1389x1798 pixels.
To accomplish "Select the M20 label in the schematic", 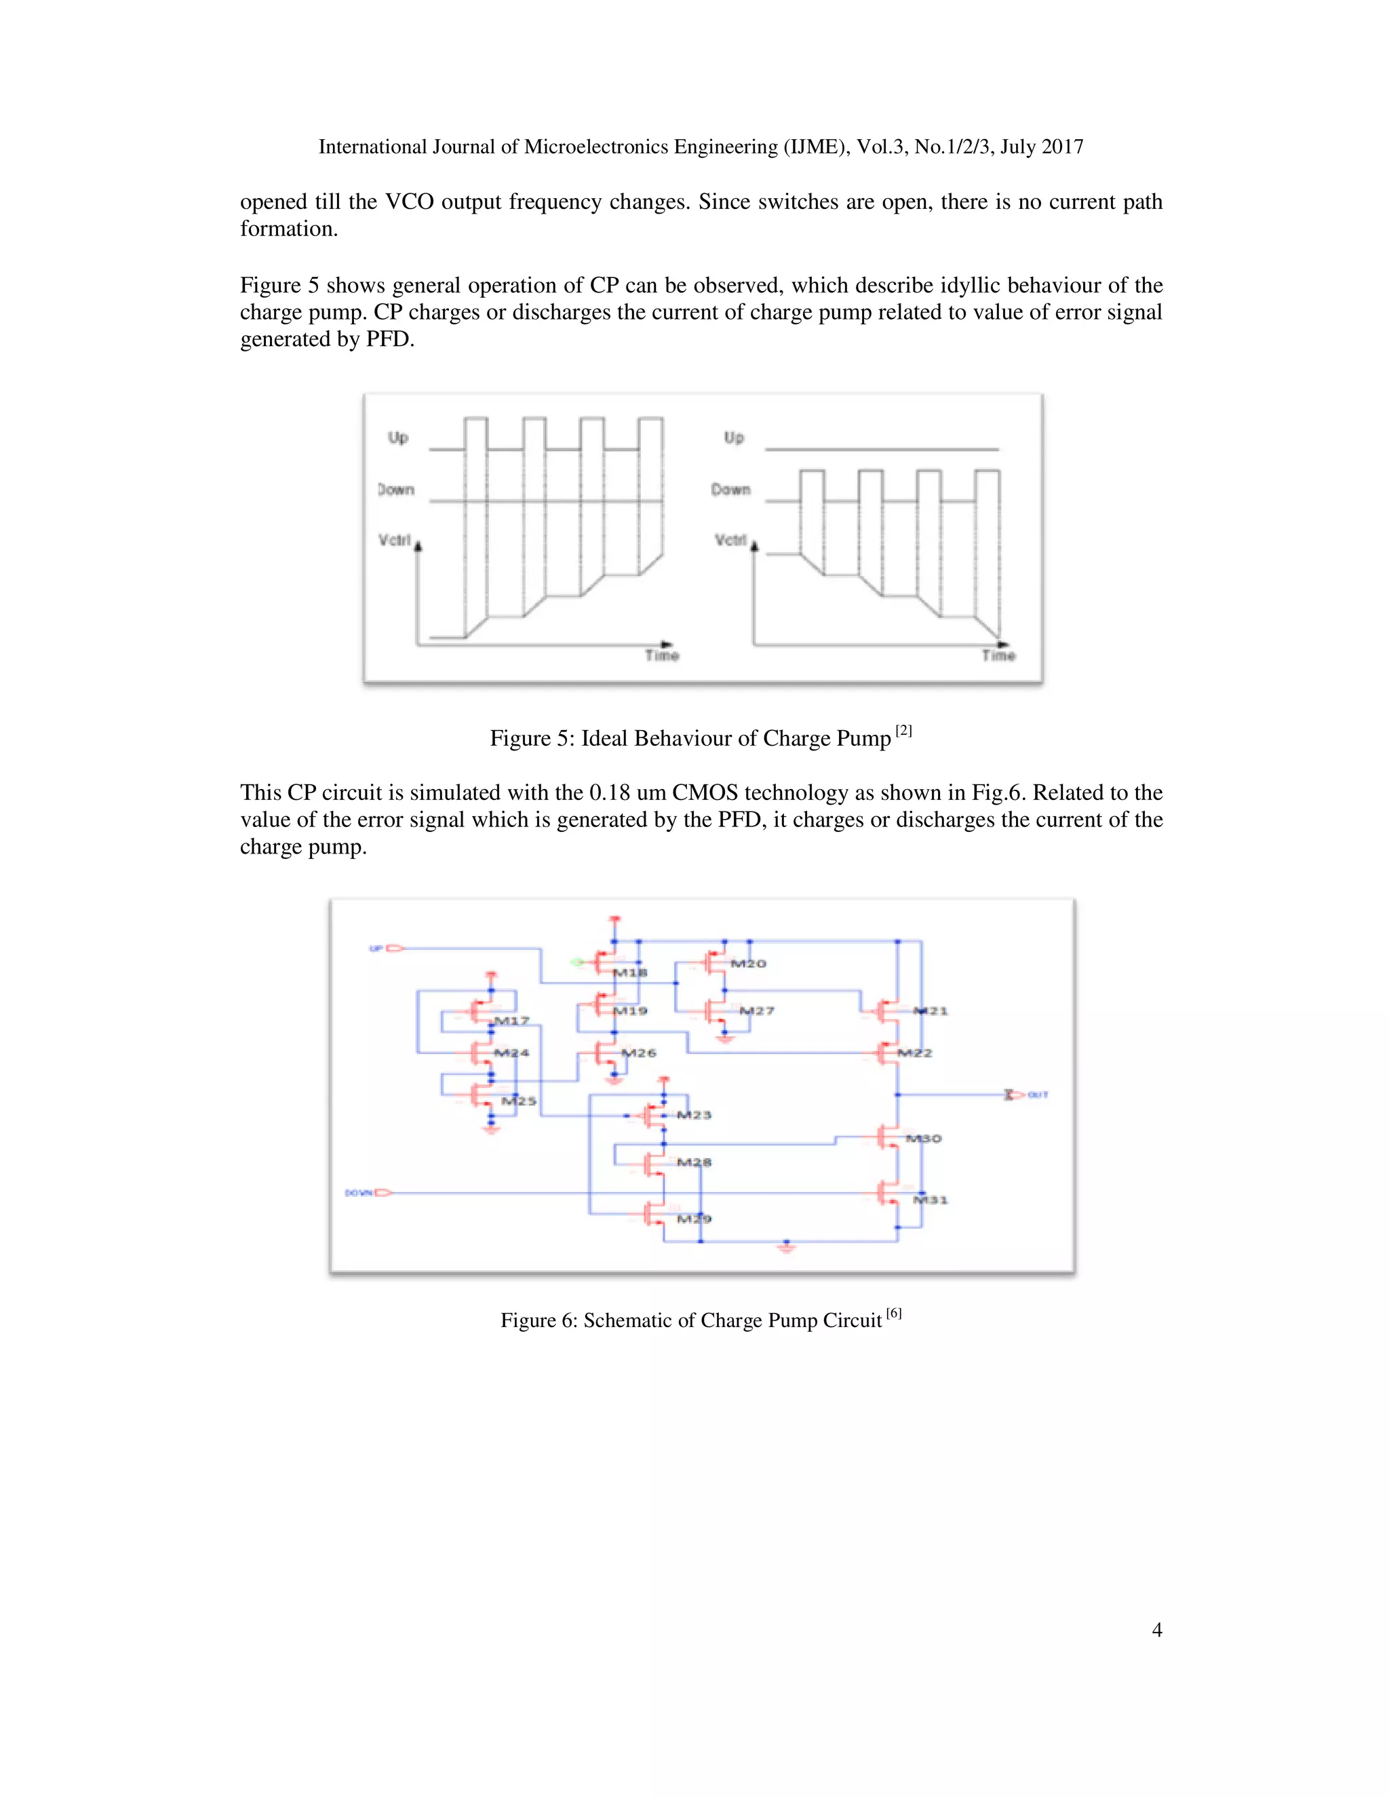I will point(748,963).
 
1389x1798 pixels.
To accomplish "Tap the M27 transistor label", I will point(756,1010).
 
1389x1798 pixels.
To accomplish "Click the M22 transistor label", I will point(915,1053).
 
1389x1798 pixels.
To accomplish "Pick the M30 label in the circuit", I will point(923,1139).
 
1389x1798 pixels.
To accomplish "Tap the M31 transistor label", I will point(931,1200).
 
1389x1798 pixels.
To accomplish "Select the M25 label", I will point(520,1101).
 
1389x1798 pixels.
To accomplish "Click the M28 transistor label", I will point(694,1162).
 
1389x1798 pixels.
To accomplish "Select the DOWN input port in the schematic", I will point(368,1192).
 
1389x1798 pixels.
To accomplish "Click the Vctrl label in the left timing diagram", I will point(394,540).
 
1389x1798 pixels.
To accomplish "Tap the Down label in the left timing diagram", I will point(396,489).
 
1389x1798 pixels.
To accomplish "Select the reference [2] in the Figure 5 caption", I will point(903,730).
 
